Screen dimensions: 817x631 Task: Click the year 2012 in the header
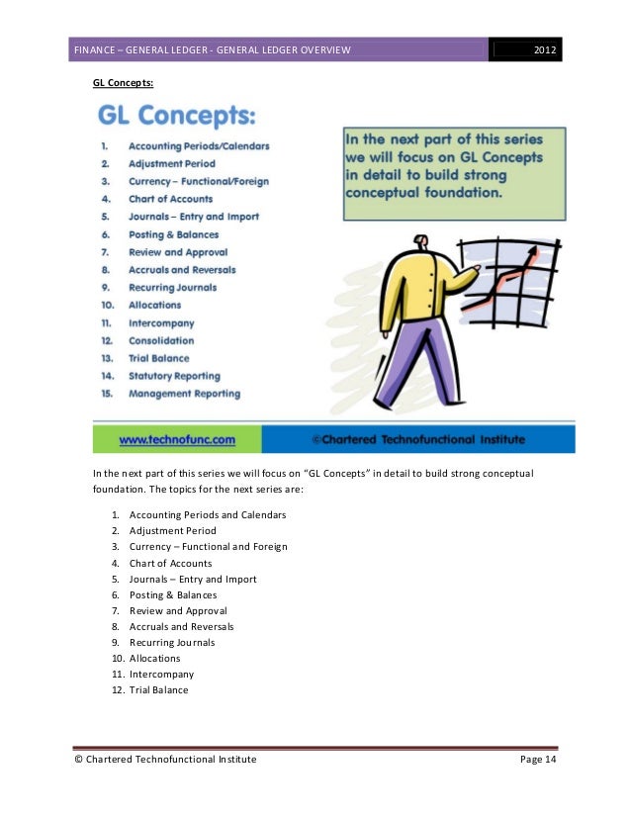tap(544, 50)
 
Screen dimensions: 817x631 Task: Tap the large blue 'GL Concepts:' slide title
tap(177, 118)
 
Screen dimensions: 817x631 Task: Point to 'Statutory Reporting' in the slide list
tap(174, 376)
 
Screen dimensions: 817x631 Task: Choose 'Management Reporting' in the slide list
tap(184, 394)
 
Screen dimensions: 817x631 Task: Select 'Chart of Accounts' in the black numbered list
tap(170, 563)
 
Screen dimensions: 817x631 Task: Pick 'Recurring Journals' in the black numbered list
tap(172, 642)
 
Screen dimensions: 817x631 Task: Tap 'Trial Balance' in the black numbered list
tap(158, 689)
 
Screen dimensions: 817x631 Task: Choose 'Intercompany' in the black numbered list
tap(161, 674)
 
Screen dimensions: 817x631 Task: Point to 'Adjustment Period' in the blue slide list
tap(171, 163)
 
